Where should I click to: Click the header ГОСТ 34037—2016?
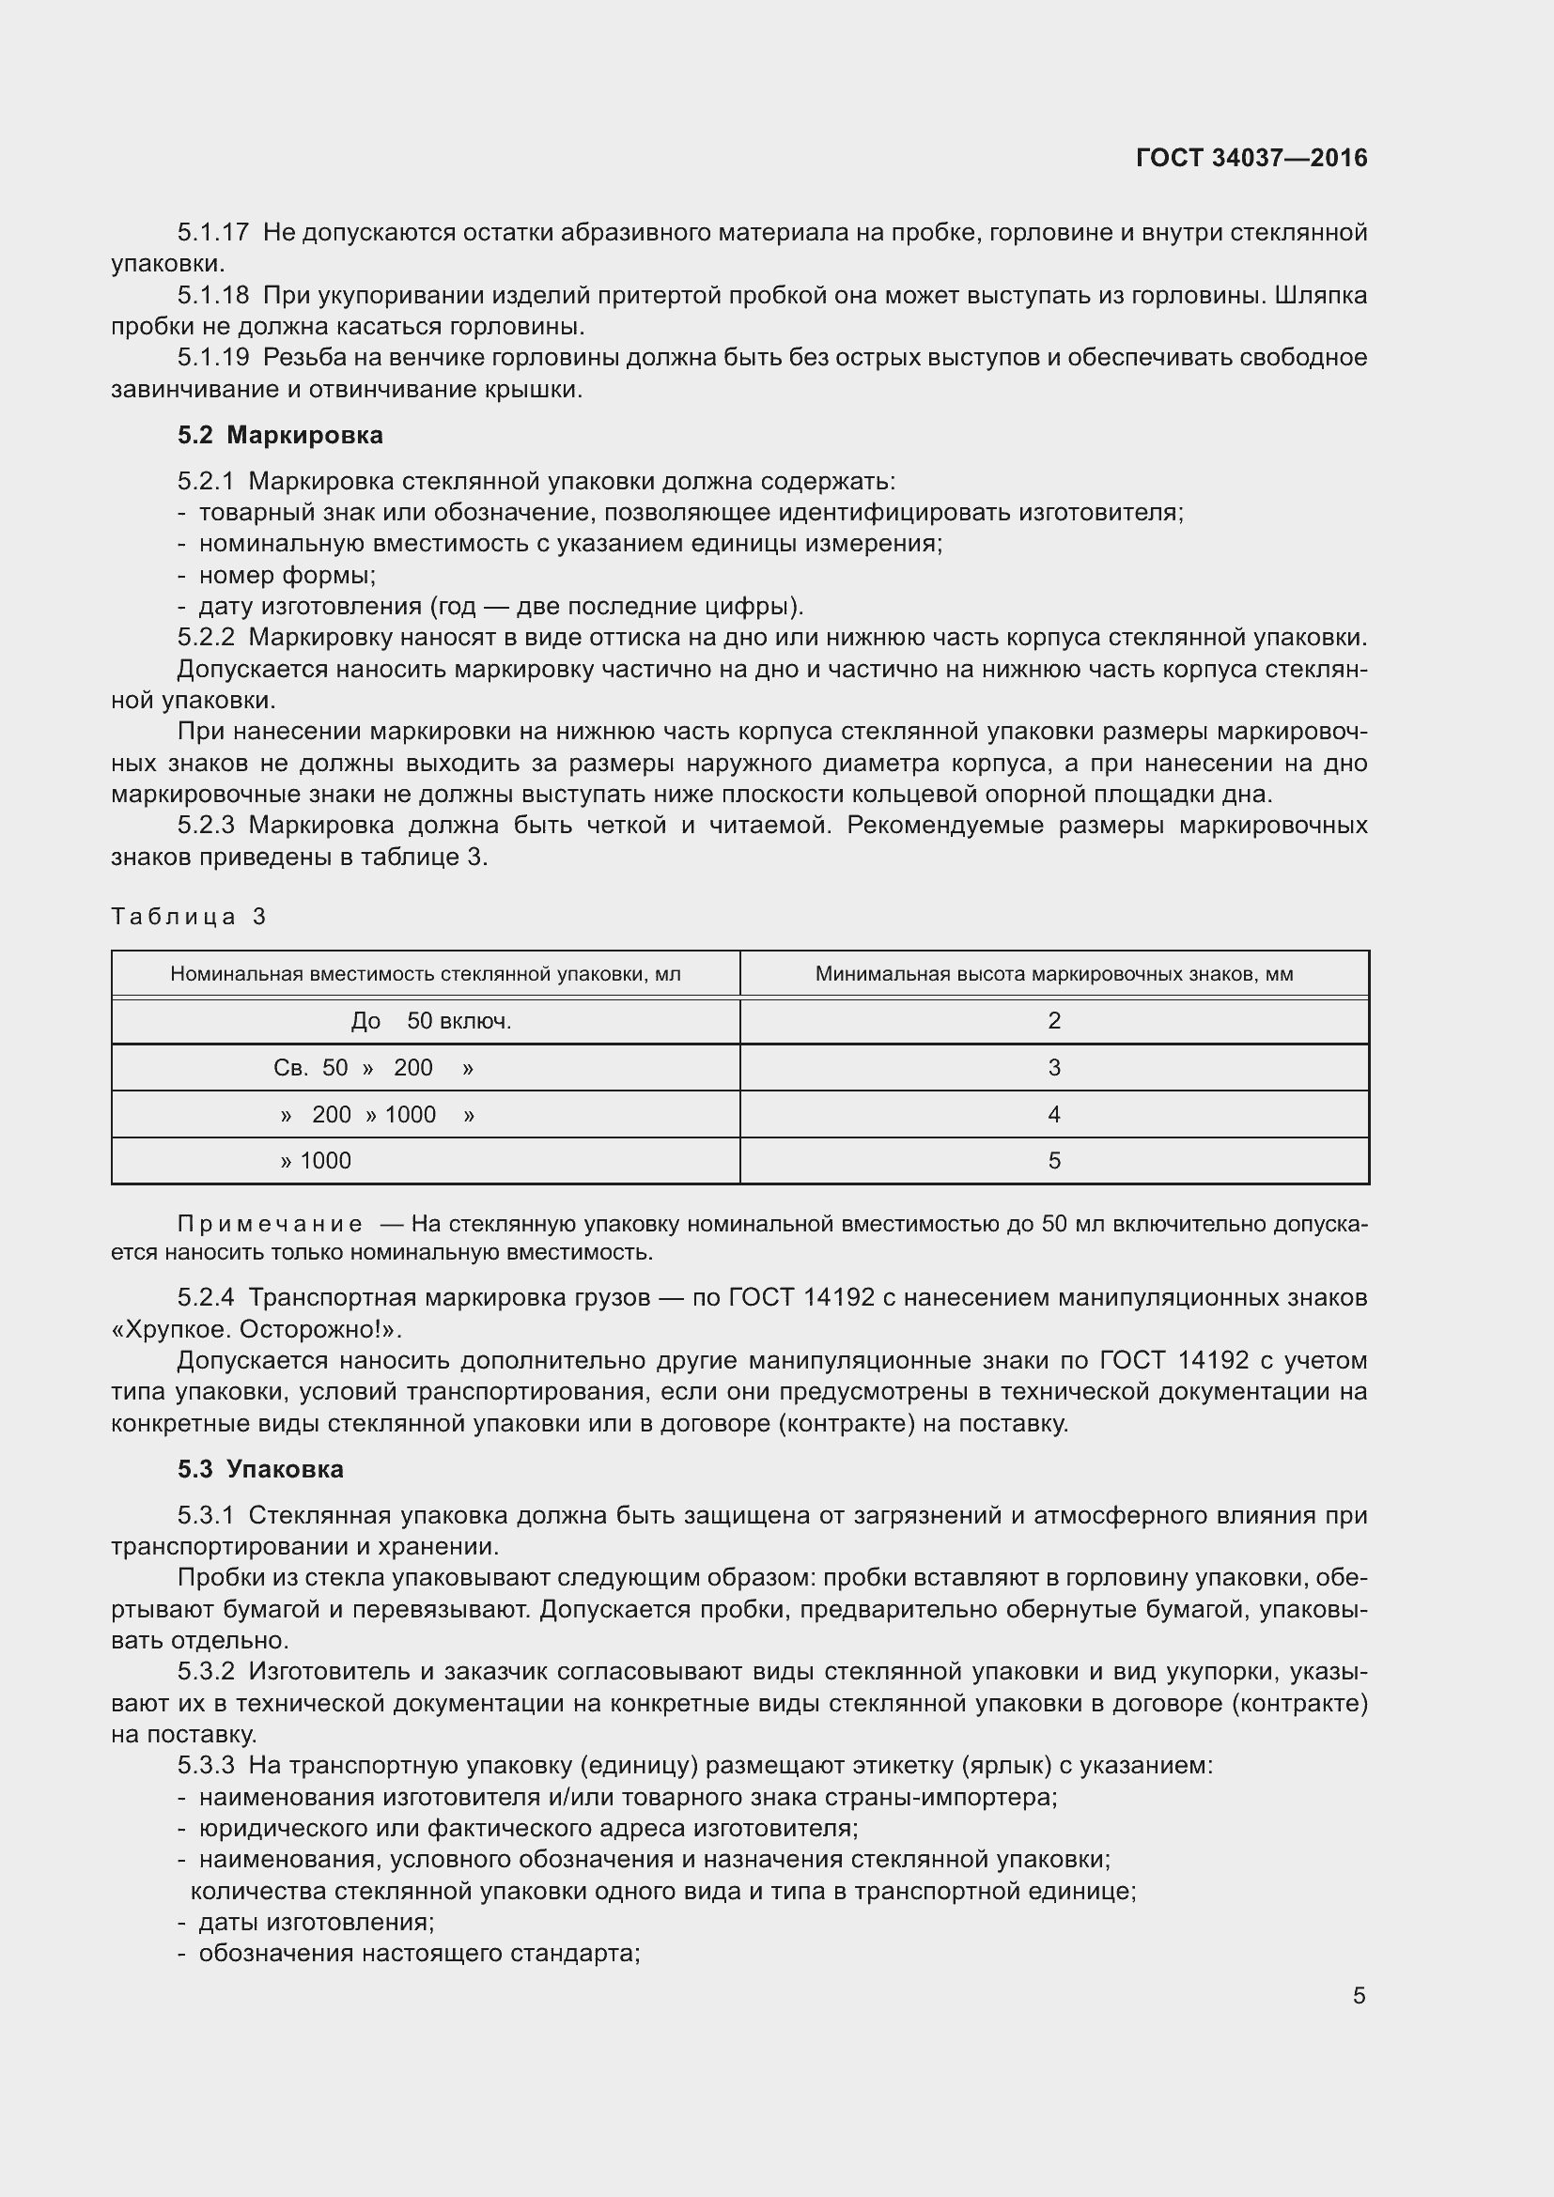(1251, 158)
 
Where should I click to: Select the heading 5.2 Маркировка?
(279, 436)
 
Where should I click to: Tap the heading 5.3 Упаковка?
(260, 1469)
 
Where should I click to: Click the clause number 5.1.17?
(212, 233)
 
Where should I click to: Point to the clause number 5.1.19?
(212, 358)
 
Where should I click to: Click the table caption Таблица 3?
(189, 917)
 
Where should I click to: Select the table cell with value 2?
(1053, 1021)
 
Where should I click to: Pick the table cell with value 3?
(1053, 1068)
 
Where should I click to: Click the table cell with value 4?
(1053, 1115)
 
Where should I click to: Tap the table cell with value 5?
(1053, 1161)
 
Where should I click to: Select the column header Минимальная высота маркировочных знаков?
(1053, 974)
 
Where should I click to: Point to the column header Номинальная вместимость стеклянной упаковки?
(425, 974)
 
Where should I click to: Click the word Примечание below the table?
(270, 1224)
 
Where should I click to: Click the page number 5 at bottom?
(1359, 1996)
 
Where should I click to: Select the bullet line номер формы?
(287, 575)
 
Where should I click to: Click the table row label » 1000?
(316, 1161)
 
